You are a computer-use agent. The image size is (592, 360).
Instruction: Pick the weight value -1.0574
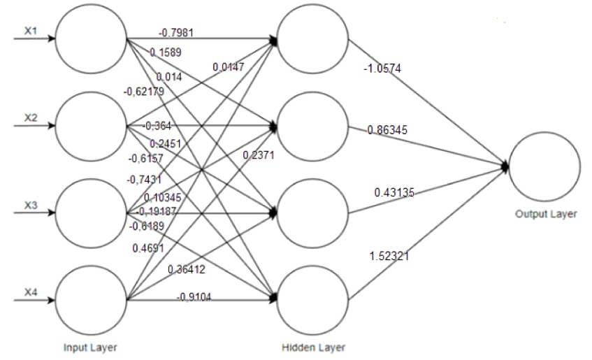pyautogui.click(x=382, y=69)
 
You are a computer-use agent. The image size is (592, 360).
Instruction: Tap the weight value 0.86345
pyautogui.click(x=387, y=130)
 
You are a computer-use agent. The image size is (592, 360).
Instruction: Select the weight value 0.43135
pyautogui.click(x=395, y=191)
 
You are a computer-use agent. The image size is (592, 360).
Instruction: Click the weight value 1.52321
pyautogui.click(x=389, y=257)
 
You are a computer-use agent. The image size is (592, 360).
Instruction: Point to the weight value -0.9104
pyautogui.click(x=194, y=297)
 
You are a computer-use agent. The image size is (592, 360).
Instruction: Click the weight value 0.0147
pyautogui.click(x=229, y=66)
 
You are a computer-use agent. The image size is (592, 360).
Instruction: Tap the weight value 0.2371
pyautogui.click(x=259, y=156)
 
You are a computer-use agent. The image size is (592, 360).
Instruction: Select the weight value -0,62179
pyautogui.click(x=144, y=91)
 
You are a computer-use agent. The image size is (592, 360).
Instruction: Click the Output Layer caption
pyautogui.click(x=546, y=214)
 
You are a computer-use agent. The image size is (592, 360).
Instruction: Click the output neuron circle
pyautogui.click(x=544, y=166)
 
